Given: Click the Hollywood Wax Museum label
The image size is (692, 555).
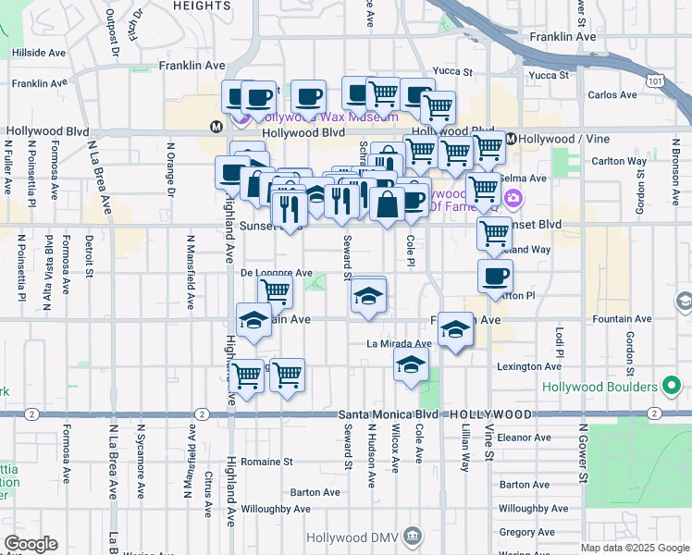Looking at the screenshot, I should point(328,117).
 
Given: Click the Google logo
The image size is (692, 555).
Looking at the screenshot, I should point(31,544).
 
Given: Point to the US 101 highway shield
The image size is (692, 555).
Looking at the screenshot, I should point(655,81).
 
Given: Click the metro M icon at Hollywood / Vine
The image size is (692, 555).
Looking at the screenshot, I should point(510,139).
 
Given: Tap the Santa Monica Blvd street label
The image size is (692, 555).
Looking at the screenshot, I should point(388,413).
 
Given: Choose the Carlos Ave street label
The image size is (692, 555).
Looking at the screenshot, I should point(612,94).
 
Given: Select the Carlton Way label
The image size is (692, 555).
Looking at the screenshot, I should point(619,161).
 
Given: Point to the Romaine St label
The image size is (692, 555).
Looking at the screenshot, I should point(266,461).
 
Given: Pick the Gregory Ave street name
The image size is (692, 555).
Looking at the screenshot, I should point(525,532).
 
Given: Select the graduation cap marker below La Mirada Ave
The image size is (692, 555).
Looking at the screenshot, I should point(411,364).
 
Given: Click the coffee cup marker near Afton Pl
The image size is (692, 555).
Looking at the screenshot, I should point(495,275).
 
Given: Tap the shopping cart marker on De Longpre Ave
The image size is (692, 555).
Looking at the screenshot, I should point(275,290).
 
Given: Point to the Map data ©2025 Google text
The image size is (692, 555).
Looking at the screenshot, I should point(634,548).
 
